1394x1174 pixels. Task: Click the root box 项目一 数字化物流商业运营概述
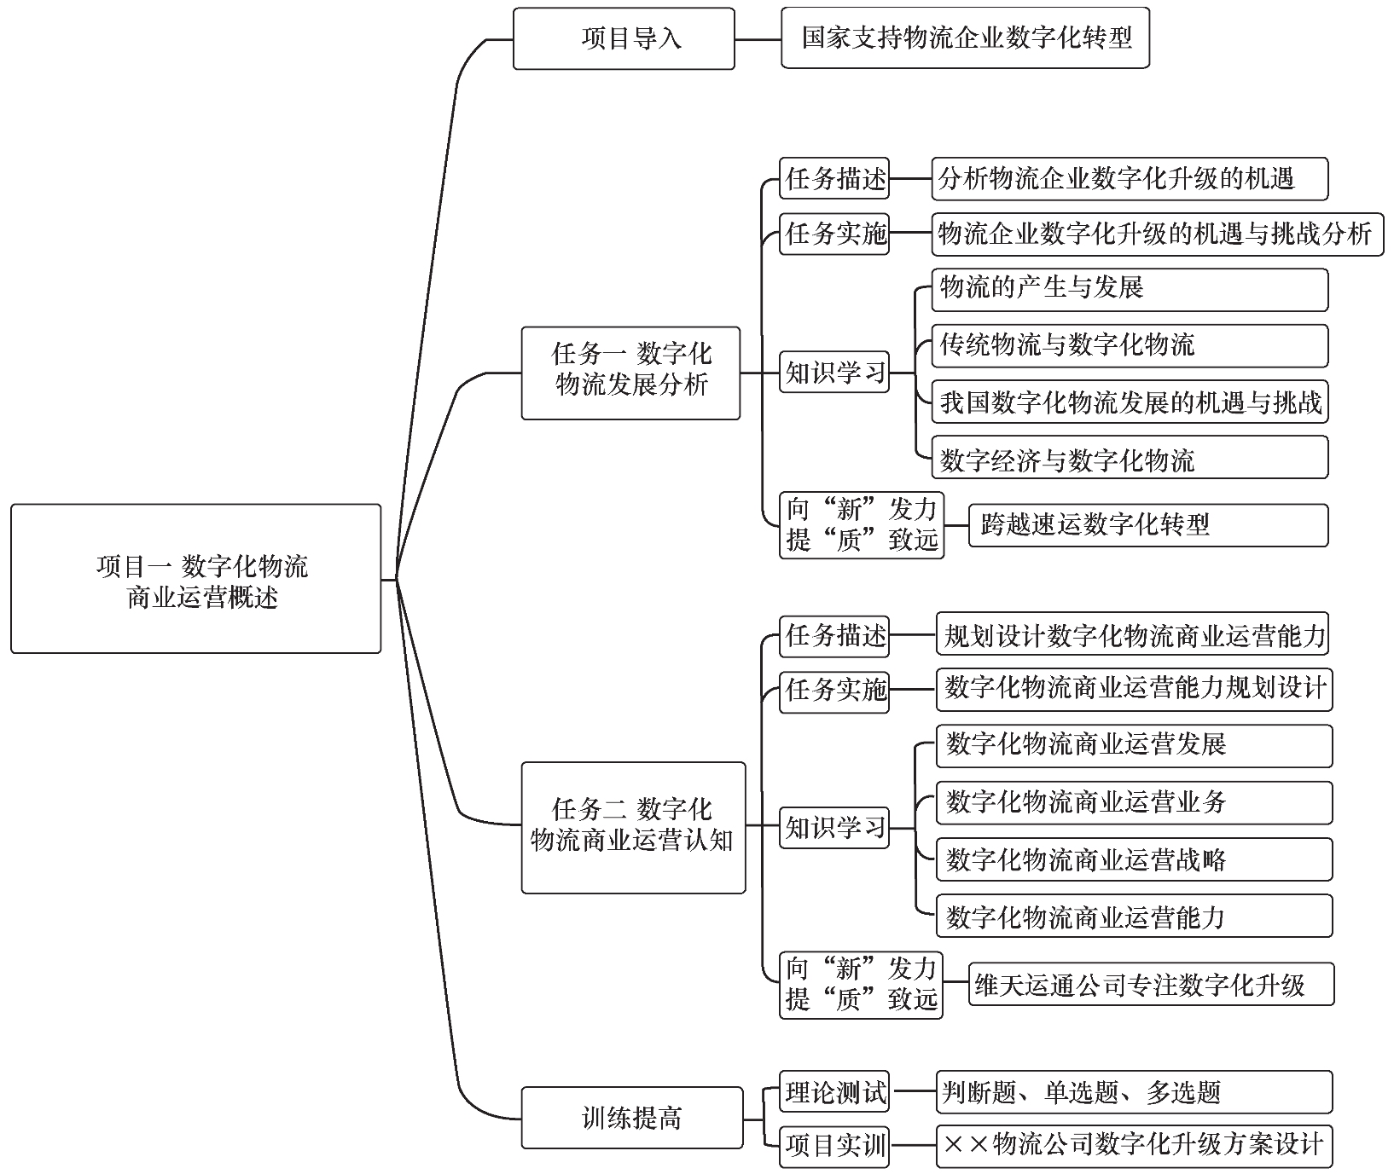[x=195, y=579]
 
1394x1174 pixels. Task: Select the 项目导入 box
[x=624, y=39]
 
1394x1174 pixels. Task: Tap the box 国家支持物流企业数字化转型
[x=965, y=38]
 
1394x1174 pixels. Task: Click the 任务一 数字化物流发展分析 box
[x=630, y=373]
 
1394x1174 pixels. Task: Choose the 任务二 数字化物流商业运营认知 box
[x=633, y=827]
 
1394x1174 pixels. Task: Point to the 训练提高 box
[x=632, y=1118]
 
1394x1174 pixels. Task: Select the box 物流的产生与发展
[x=1130, y=290]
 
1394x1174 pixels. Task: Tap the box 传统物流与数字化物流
[x=1130, y=345]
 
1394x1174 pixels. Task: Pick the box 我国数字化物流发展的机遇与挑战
[x=1130, y=402]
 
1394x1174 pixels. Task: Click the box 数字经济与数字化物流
[x=1130, y=458]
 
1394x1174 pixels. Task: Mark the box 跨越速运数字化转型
[x=1148, y=525]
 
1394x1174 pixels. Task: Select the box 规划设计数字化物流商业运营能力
[x=1134, y=635]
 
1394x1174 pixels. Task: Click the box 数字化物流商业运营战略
[x=1134, y=859]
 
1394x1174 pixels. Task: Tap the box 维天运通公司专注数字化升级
[x=1151, y=986]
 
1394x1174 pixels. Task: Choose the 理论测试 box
[x=834, y=1092]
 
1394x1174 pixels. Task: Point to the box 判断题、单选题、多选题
[x=1134, y=1092]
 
